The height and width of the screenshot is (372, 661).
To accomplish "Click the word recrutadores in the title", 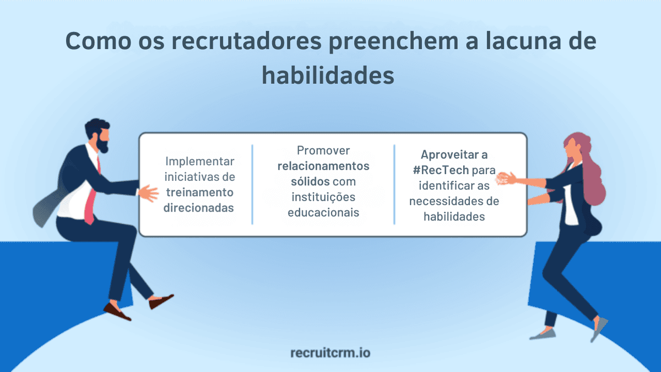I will coord(219,42).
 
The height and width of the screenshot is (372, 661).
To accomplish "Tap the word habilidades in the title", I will coord(328,76).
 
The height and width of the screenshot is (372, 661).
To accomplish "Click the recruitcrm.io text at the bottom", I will coord(330,352).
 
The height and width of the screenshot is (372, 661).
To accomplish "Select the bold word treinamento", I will coord(199,192).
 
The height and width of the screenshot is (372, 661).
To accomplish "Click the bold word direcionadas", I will coord(199,208).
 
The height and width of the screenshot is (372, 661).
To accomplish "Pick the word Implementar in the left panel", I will coord(200,161).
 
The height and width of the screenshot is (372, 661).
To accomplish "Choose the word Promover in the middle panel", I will coord(323,150).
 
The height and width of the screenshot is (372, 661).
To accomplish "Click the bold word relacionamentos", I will coord(323,166).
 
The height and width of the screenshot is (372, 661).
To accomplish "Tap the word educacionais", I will coord(323,212).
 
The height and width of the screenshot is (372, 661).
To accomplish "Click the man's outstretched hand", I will coord(147,193).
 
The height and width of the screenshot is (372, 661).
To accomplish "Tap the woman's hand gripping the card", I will coord(506,178).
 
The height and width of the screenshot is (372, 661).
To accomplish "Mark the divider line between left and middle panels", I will coord(252,185).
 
